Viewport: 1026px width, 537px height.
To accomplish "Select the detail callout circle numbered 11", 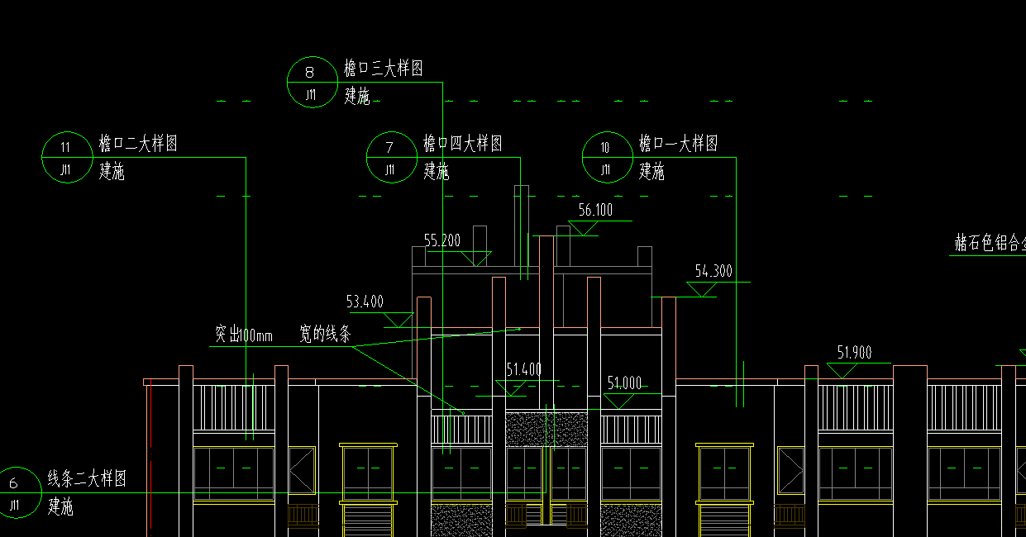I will pyautogui.click(x=66, y=157).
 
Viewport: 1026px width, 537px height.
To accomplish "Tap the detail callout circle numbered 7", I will pyautogui.click(x=390, y=157).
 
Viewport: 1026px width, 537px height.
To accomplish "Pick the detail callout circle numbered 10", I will pyautogui.click(x=606, y=157).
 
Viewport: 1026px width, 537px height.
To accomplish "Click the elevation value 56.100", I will pyautogui.click(x=595, y=211).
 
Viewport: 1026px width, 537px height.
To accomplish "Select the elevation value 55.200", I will pyautogui.click(x=442, y=241).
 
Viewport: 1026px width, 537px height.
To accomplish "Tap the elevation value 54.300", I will pyautogui.click(x=713, y=271).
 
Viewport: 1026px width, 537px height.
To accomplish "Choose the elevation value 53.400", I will pyautogui.click(x=365, y=302).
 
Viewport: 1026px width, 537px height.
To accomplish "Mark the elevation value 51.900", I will pyautogui.click(x=854, y=353).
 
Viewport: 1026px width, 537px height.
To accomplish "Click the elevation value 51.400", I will pyautogui.click(x=523, y=369).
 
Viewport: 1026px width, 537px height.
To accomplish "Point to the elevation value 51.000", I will pyautogui.click(x=624, y=383).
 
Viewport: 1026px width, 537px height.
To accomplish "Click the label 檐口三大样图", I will pyautogui.click(x=384, y=69).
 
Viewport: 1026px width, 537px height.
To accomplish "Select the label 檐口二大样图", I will pyautogui.click(x=138, y=144).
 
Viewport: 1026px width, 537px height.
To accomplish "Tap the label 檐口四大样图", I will pyautogui.click(x=463, y=144).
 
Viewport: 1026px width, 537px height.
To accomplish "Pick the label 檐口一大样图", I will pyautogui.click(x=678, y=144).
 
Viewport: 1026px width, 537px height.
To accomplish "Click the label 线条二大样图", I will pyautogui.click(x=87, y=478).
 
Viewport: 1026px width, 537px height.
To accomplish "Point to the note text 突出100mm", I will pyautogui.click(x=244, y=335).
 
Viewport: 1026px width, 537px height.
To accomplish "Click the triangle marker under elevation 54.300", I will pyautogui.click(x=703, y=288).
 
